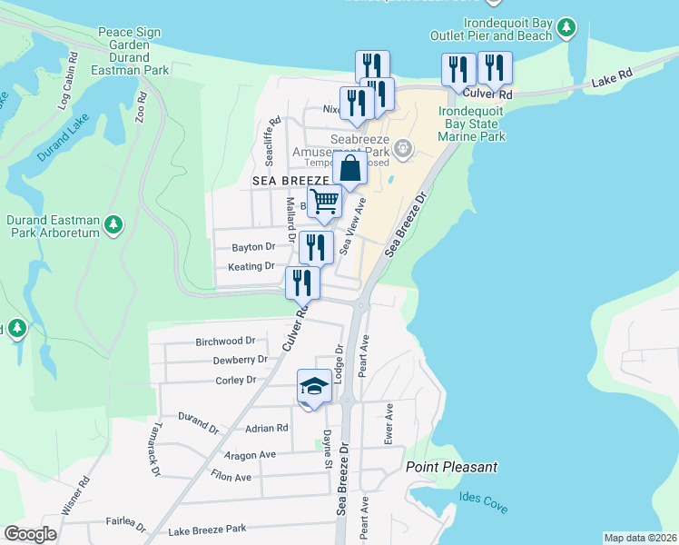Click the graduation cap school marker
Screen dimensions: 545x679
pyautogui.click(x=314, y=387)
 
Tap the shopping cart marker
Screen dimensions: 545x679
pyautogui.click(x=324, y=203)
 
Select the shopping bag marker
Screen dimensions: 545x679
pyautogui.click(x=349, y=168)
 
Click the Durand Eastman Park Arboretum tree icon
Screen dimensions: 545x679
pyautogui.click(x=113, y=223)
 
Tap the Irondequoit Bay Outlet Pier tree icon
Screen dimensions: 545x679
pyautogui.click(x=566, y=28)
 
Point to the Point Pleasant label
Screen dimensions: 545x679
pyautogui.click(x=452, y=467)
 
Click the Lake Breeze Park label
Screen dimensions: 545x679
pyautogui.click(x=207, y=529)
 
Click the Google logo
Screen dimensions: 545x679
pyautogui.click(x=30, y=534)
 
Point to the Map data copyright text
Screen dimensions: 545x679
pyautogui.click(x=640, y=538)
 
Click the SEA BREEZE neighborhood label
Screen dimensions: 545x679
pyautogui.click(x=290, y=182)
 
